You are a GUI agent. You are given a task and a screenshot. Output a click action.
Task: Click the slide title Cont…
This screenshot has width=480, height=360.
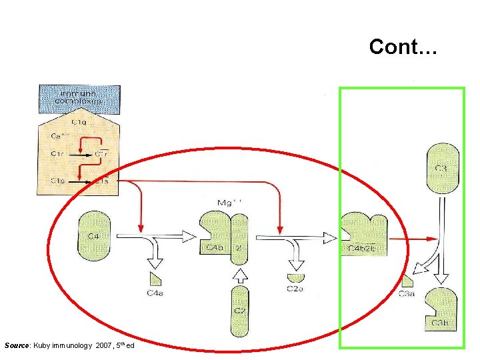coord(403,47)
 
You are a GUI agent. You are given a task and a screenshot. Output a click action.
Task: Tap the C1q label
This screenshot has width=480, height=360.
coord(78,122)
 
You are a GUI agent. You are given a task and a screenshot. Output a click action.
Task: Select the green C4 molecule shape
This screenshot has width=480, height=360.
coord(94,235)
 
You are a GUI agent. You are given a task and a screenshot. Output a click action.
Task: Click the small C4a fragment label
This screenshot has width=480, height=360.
coord(152,291)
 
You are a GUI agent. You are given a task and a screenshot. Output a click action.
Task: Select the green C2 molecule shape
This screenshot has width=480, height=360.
coord(239,309)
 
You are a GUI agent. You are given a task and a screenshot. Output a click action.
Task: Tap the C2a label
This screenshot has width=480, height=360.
coord(295,289)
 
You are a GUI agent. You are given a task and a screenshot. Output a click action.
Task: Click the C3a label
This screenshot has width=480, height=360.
coord(406,294)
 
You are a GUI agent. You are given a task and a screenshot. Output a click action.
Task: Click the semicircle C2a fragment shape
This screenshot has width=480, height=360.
coord(295,277)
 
